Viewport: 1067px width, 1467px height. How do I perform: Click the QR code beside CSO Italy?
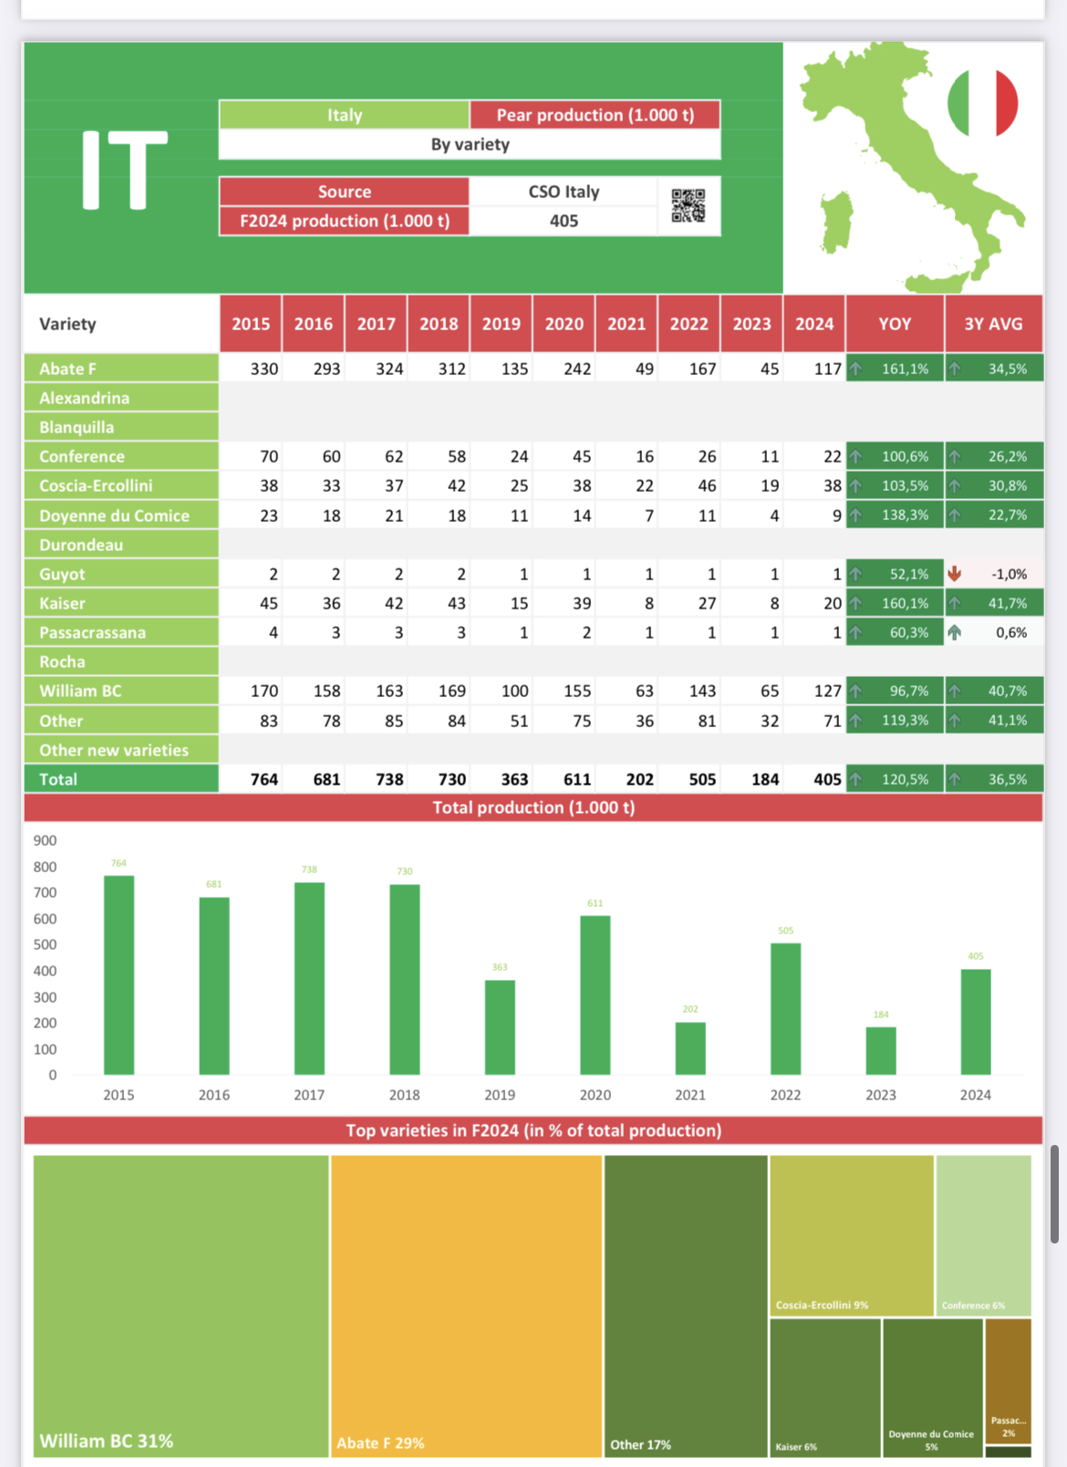point(689,205)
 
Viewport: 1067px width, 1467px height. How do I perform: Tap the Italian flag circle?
point(982,103)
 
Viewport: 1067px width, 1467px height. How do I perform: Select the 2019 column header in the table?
point(502,324)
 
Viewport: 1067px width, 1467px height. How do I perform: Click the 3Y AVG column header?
point(993,324)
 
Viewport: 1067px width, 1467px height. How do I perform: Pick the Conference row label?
point(82,456)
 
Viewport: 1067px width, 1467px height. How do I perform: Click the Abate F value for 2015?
point(264,369)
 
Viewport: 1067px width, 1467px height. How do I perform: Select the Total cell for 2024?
point(826,779)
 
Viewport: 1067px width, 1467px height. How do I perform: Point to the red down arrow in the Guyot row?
point(954,574)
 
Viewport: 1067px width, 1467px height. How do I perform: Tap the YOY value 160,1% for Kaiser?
point(905,603)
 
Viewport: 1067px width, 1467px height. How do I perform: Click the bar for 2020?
point(595,994)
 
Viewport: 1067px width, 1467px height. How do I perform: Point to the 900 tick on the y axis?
point(45,840)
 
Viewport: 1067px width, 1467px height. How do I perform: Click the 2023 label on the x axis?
point(880,1095)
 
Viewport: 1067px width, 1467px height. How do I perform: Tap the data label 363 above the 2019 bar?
point(500,967)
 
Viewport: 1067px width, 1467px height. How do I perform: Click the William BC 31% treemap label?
point(107,1441)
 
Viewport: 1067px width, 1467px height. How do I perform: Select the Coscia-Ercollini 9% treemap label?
point(822,1306)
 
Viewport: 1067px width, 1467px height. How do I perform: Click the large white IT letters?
point(125,170)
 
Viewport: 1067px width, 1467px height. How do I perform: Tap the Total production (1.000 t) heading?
point(533,807)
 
